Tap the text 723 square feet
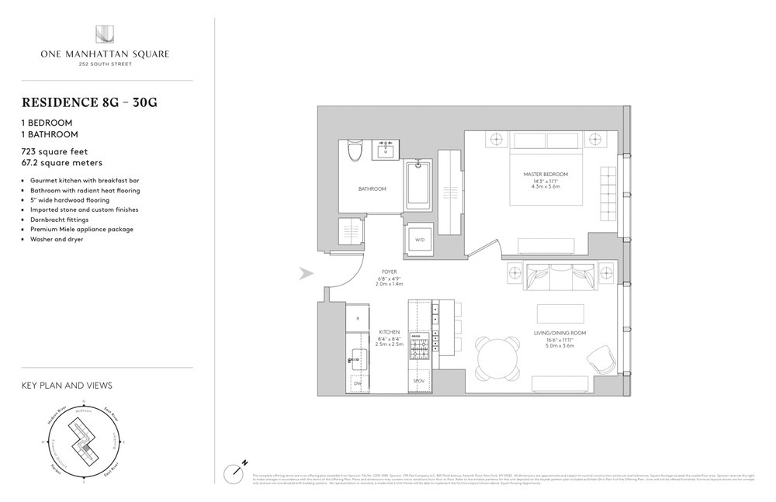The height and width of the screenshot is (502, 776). [55, 152]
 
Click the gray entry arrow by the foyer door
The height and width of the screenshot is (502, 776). [306, 273]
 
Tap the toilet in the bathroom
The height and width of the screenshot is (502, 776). [355, 150]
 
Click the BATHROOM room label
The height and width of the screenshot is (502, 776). [372, 189]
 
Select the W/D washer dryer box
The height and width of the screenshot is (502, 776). [420, 240]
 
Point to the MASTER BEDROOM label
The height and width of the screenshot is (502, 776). [546, 174]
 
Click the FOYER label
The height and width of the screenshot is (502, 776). [390, 272]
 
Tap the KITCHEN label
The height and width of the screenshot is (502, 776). [390, 332]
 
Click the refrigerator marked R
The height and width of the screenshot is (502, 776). [357, 319]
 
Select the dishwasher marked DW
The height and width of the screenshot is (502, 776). [357, 383]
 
